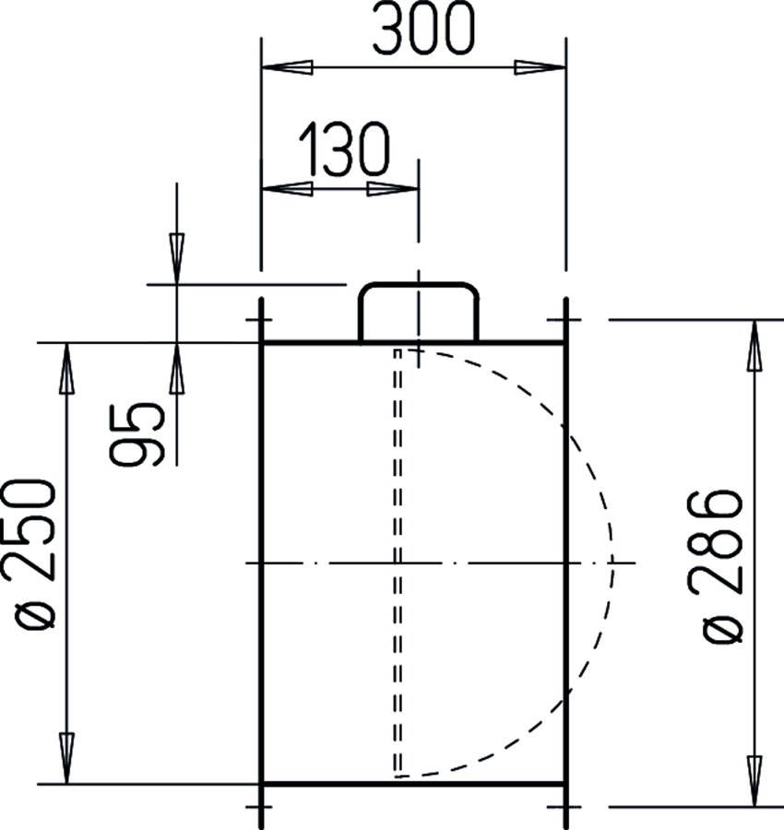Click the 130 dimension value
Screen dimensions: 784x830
pyautogui.click(x=345, y=148)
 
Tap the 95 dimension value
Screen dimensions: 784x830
pyautogui.click(x=137, y=434)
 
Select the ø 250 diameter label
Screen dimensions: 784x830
pyautogui.click(x=29, y=554)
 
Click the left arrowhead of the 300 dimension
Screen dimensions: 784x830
pyautogui.click(x=287, y=67)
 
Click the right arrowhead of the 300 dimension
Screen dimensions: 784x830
pyautogui.click(x=540, y=67)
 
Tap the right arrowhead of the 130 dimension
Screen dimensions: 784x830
pyautogui.click(x=393, y=189)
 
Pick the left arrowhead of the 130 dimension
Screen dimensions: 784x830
pyautogui.click(x=287, y=189)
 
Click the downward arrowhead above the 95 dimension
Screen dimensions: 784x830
pyautogui.click(x=177, y=258)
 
